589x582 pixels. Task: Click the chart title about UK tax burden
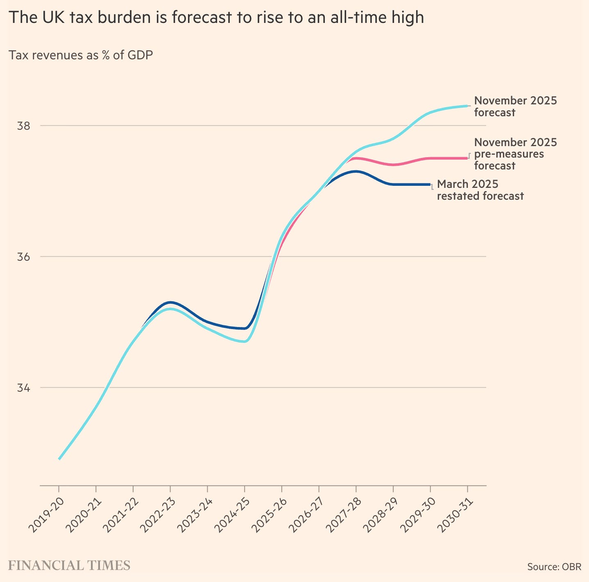[x=216, y=18]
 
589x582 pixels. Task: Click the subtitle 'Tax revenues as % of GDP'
[x=81, y=55]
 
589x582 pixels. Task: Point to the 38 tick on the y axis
[x=23, y=126]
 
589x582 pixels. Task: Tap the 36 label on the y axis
[x=23, y=257]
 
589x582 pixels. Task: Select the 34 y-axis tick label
[x=23, y=388]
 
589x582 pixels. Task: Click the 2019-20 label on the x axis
[x=46, y=515]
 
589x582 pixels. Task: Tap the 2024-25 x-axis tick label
[x=232, y=515]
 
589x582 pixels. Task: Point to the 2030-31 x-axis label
[x=455, y=515]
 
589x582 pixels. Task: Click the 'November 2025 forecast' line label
[x=515, y=106]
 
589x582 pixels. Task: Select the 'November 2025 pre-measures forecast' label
[x=515, y=153]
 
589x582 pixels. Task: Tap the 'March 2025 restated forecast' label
[x=480, y=190]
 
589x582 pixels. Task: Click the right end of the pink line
[x=467, y=158]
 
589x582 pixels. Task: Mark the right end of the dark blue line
[x=430, y=185]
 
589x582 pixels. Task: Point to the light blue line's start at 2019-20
[x=59, y=459]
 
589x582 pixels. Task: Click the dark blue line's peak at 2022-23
[x=170, y=302]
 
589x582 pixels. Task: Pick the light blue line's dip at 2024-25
[x=245, y=341]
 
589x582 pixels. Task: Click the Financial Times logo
[x=69, y=565]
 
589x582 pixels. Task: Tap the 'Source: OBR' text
[x=554, y=567]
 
